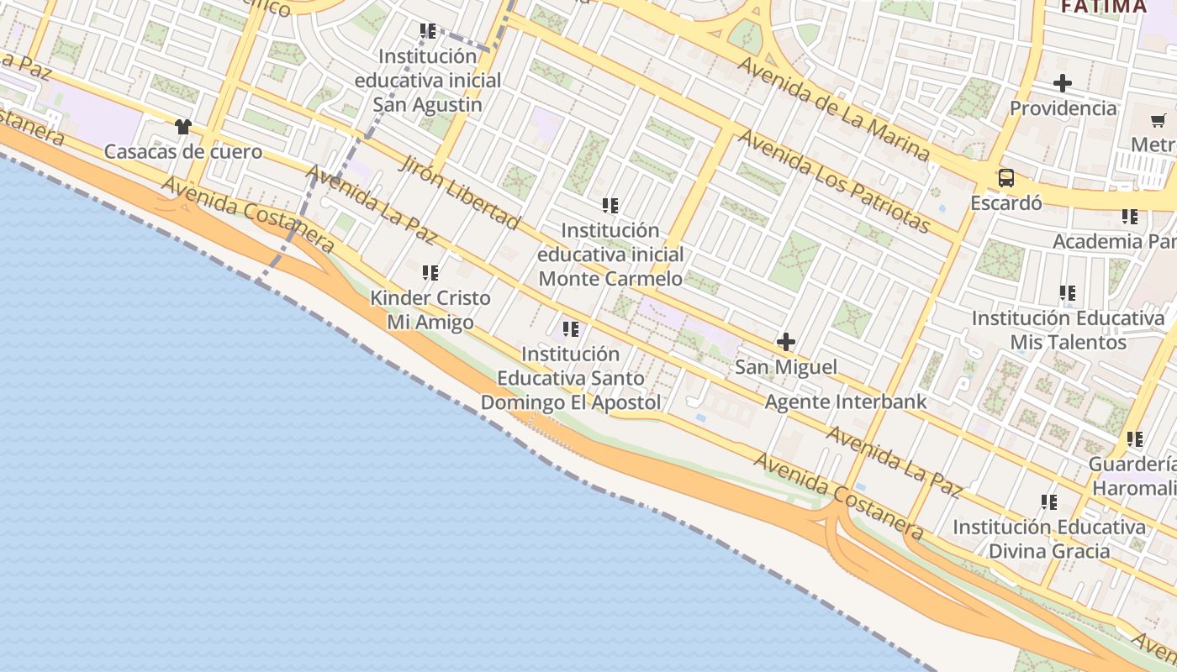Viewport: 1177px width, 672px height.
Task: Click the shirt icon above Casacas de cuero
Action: click(183, 127)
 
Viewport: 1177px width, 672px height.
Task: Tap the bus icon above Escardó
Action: click(1005, 178)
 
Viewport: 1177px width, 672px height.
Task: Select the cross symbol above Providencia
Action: click(1063, 83)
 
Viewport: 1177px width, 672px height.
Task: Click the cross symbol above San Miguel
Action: click(786, 342)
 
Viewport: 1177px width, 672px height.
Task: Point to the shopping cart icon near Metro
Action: click(1158, 120)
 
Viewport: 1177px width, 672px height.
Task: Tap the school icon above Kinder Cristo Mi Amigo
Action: click(430, 273)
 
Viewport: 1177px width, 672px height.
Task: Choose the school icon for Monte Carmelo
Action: click(610, 205)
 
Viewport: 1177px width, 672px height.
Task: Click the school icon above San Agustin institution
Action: click(428, 31)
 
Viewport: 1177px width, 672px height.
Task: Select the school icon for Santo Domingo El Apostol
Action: click(571, 329)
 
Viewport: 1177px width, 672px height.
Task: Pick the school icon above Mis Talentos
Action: click(1068, 293)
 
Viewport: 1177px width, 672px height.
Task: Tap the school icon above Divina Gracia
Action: click(1049, 502)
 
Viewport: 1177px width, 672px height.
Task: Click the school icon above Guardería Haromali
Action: click(1135, 439)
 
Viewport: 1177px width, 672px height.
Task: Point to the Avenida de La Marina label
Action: click(833, 108)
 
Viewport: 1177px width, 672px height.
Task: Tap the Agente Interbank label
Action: click(845, 402)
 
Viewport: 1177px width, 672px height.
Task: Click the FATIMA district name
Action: click(1103, 7)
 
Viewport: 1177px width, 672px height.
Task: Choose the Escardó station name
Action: click(1005, 203)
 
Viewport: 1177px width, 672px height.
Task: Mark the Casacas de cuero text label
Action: click(183, 152)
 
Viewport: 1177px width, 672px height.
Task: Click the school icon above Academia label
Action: click(1130, 217)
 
